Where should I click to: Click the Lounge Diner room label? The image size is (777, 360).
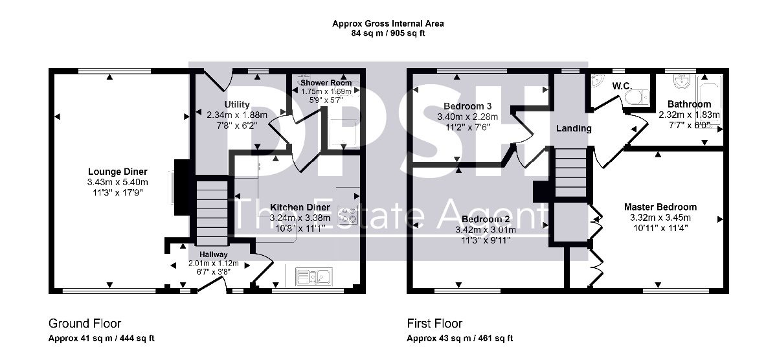click(118, 172)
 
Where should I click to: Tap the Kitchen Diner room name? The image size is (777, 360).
click(300, 207)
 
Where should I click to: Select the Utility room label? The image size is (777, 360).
click(237, 104)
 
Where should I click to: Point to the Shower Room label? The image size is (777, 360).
click(326, 83)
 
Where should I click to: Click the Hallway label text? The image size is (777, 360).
click(213, 254)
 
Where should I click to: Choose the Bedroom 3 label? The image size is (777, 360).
click(467, 106)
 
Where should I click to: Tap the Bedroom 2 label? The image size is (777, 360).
click(486, 219)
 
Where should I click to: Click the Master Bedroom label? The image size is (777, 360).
click(660, 207)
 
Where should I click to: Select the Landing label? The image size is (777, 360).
click(574, 128)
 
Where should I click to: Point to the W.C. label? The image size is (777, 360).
click(622, 86)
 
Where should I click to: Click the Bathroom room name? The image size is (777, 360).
click(689, 104)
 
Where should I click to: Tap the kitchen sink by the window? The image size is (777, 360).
click(314, 276)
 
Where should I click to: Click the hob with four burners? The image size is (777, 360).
click(348, 215)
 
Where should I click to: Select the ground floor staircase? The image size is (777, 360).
click(212, 213)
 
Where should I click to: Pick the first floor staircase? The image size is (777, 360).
click(571, 173)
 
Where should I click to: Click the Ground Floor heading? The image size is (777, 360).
click(85, 324)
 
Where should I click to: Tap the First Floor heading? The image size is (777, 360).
click(434, 324)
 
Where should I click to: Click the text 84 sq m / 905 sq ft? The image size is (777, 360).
click(388, 33)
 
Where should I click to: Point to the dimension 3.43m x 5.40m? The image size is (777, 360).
click(118, 182)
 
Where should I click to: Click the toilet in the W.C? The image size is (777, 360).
click(636, 97)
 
